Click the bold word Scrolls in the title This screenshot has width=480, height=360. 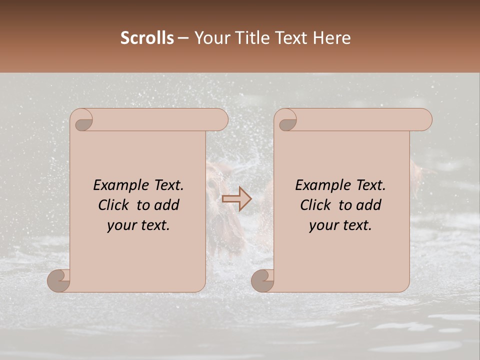pos(147,38)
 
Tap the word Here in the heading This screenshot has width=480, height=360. pos(332,38)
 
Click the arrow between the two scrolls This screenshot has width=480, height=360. pos(236,198)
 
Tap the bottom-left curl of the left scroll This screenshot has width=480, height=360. pos(59,280)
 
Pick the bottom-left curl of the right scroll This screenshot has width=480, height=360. pos(262,280)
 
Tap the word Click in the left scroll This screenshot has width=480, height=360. pos(114,205)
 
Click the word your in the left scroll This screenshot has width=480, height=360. pos(121,225)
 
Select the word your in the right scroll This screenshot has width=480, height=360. pos(323,225)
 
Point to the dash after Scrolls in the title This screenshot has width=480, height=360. pos(183,38)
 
